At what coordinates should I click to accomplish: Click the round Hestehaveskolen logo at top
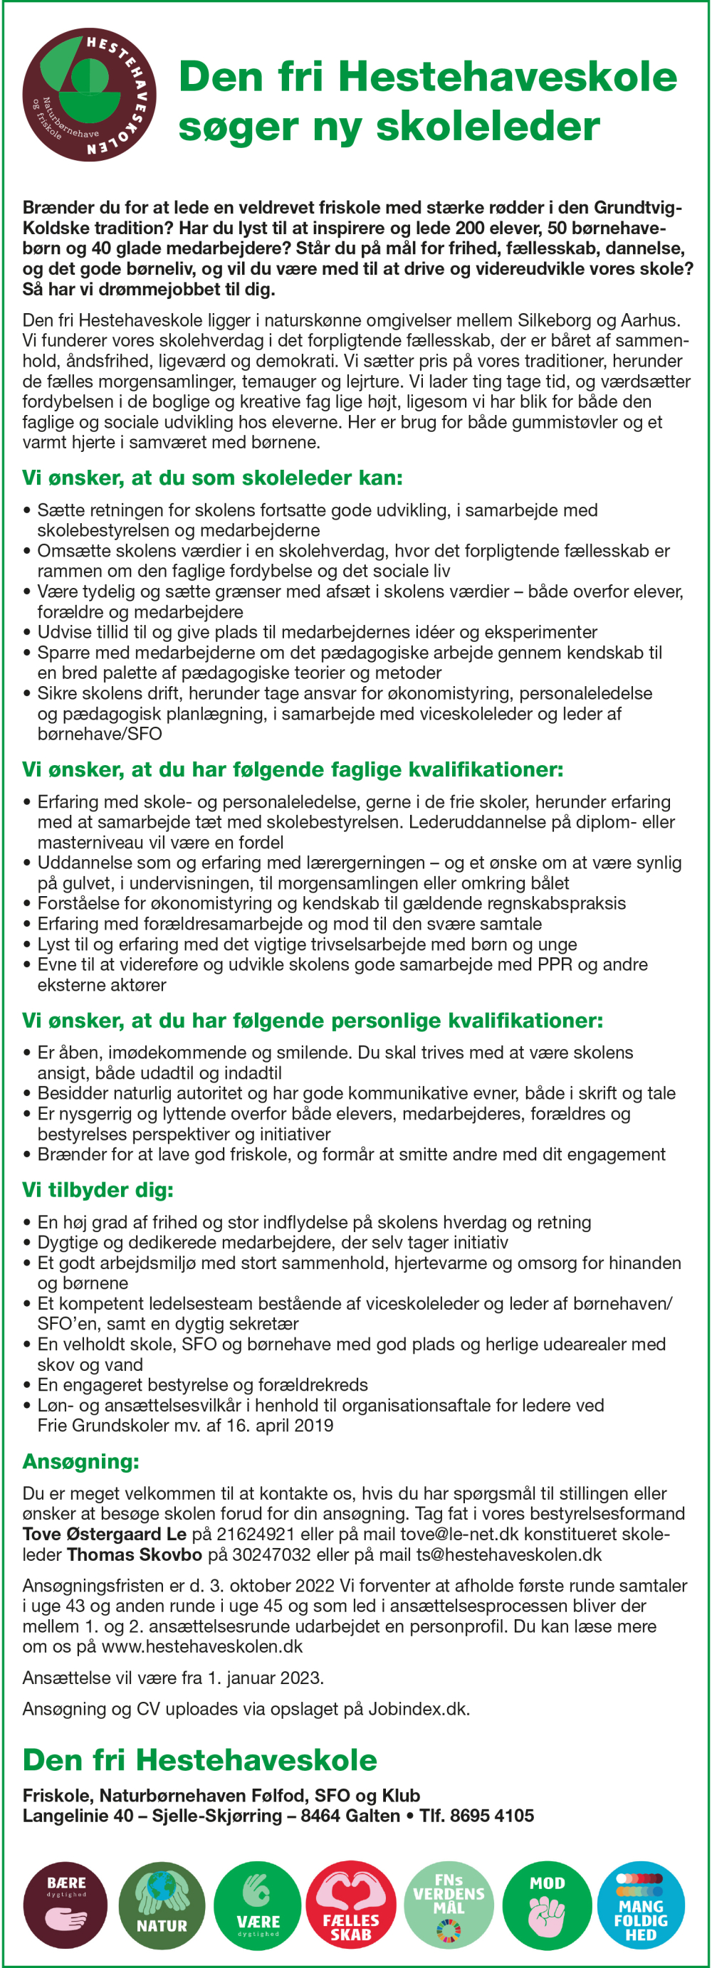point(90,95)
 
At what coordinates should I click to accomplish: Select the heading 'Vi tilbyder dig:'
point(98,1189)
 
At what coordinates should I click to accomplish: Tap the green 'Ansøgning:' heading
point(81,1461)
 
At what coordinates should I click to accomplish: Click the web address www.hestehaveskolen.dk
point(201,1646)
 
